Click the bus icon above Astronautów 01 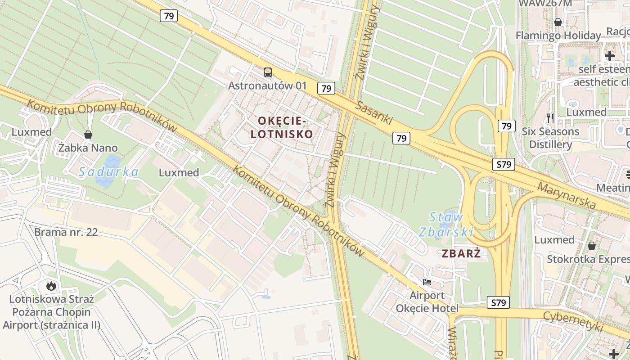point(268,72)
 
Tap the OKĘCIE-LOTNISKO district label point(282,127)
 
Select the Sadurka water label point(108,172)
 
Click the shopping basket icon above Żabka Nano point(88,135)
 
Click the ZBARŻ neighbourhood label point(461,253)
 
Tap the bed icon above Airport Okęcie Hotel point(427,282)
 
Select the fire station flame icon point(51,285)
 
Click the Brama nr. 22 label point(66,233)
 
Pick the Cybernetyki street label point(572,322)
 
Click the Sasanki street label point(374,113)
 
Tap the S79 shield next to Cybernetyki point(499,303)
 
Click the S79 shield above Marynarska point(503,165)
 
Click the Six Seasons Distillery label point(550,138)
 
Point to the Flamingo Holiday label point(558,36)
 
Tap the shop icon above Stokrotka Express point(592,246)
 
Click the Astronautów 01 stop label point(267,85)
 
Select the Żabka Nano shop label point(88,148)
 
